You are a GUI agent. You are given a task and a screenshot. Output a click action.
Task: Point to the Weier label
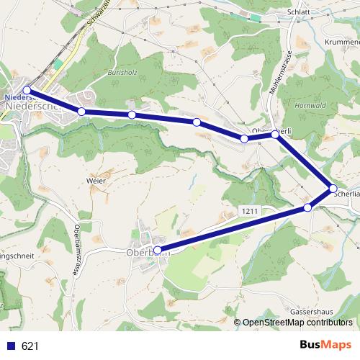coord(96,180)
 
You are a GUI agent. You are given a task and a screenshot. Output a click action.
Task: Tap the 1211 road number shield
coord(248,210)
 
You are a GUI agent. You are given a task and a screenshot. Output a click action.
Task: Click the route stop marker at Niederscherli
coord(27,90)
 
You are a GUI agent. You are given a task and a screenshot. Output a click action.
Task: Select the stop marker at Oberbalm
coord(158,250)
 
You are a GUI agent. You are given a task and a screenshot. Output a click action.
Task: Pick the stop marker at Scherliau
coord(333,189)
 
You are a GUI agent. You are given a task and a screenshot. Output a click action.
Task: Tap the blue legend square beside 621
coord(11,346)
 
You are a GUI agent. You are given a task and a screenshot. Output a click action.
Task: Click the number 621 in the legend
coord(30,346)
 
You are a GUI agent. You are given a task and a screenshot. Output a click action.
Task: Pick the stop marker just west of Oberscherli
coord(244,138)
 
